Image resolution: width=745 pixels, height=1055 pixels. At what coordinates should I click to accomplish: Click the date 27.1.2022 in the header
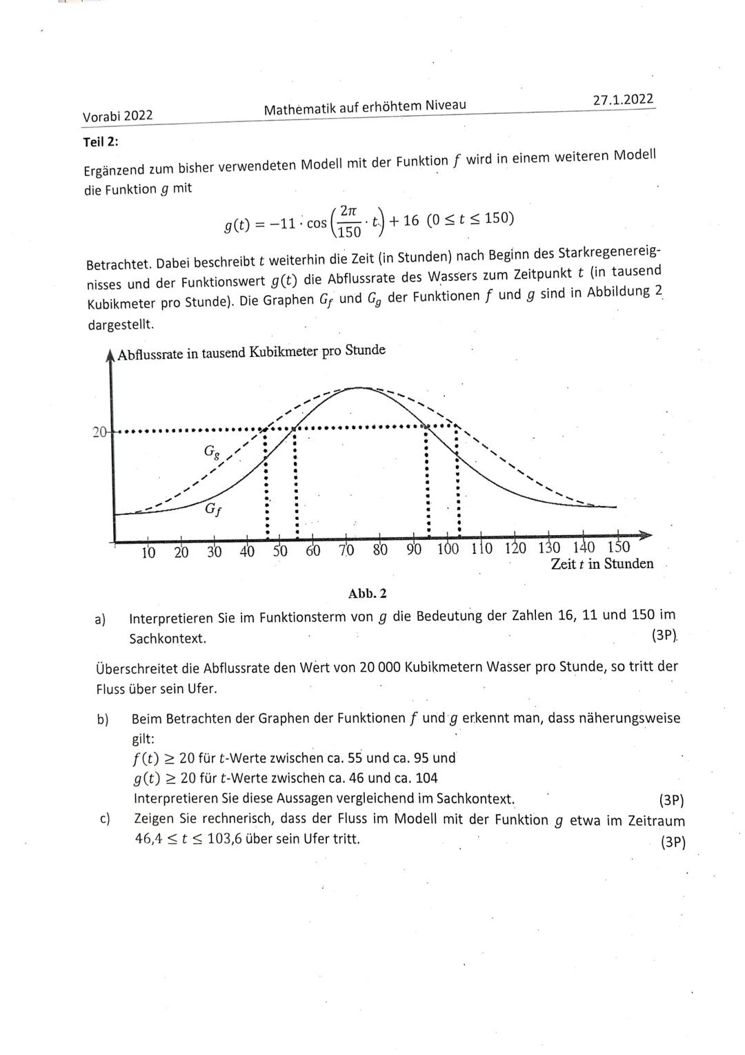623,99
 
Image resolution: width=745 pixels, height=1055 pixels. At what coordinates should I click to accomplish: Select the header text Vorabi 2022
117,116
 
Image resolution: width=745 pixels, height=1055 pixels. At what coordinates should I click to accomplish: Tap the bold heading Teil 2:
101,142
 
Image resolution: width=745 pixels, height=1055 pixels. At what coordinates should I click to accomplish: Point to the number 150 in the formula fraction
349,232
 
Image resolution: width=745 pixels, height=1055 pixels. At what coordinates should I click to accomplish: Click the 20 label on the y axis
99,432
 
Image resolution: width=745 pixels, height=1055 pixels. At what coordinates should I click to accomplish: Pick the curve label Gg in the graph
212,452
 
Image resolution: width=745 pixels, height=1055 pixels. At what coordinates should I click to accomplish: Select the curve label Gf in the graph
214,511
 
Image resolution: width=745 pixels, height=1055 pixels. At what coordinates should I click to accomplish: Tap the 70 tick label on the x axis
346,550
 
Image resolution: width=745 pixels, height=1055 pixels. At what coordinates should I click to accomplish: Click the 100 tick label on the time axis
448,550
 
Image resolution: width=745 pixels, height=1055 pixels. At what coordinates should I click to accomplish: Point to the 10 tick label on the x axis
148,552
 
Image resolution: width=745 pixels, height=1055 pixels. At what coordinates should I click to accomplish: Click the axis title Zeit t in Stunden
602,564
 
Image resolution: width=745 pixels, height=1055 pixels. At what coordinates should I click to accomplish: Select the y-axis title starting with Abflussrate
251,352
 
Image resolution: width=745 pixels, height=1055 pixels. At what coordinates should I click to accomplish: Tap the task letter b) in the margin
103,719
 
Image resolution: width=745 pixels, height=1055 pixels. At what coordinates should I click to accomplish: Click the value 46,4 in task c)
148,840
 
